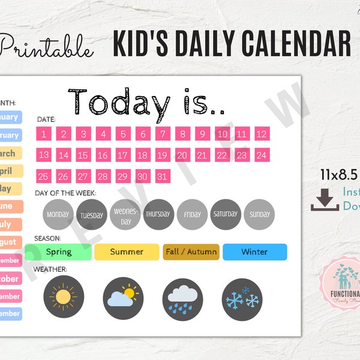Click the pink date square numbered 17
point(122,155)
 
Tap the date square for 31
point(162,176)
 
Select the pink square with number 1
point(44,134)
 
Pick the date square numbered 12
point(262,134)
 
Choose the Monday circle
point(58,214)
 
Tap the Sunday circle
point(259,214)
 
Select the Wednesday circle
point(125,214)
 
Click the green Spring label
point(58,252)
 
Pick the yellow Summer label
point(127,252)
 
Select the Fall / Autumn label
point(190,252)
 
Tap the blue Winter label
point(254,252)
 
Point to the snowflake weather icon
point(242,298)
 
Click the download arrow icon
point(325,200)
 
